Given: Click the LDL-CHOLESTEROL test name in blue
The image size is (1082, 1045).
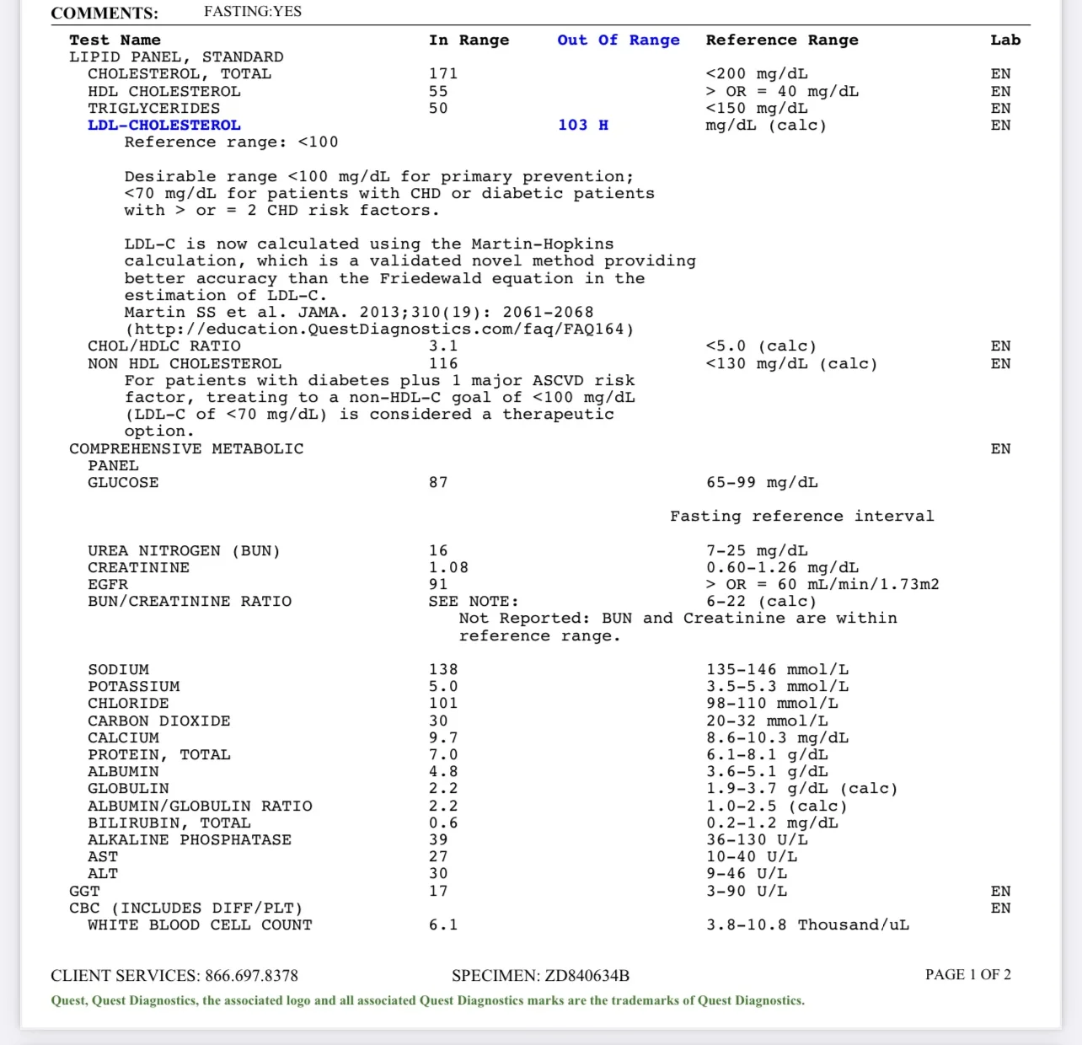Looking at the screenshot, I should [164, 126].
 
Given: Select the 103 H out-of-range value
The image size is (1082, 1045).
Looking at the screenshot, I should [582, 126].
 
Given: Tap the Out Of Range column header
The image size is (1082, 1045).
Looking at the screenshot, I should [618, 40].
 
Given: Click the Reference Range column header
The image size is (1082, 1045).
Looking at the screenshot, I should [782, 40].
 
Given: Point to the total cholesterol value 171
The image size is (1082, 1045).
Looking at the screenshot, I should [443, 74].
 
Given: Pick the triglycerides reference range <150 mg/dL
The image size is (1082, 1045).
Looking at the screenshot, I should [757, 109].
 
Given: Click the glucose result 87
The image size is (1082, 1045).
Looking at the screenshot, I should [438, 483].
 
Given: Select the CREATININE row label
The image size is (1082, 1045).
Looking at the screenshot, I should [139, 568].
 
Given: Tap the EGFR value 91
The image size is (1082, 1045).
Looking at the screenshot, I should [438, 585].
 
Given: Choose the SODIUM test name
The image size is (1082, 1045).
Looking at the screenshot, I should [119, 670].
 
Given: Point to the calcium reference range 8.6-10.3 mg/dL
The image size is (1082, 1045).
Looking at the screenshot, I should [777, 738].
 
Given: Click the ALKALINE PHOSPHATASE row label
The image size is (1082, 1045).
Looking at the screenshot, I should [190, 840].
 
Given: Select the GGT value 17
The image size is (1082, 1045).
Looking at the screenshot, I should [438, 892].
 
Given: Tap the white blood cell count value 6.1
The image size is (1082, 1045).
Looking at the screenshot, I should [443, 925].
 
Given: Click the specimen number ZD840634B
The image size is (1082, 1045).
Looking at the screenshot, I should [587, 976].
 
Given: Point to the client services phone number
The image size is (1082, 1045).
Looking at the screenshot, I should [251, 976].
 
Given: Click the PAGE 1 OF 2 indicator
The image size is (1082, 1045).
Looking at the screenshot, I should [967, 975].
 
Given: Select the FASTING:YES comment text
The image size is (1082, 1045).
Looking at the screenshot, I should [253, 12].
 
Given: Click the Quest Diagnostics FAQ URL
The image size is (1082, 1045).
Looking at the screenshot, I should [379, 330].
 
